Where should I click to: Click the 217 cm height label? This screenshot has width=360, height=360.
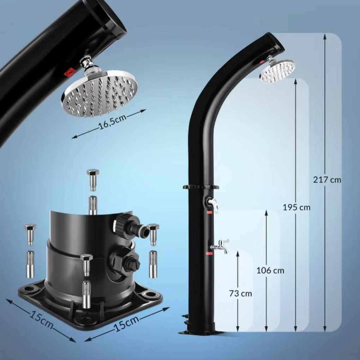(327, 180)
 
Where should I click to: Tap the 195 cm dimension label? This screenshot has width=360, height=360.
(296, 207)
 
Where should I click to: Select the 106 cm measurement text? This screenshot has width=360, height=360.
(270, 271)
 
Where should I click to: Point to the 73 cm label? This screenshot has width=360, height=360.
(241, 293)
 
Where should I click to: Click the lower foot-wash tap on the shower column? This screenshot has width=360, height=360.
(220, 246)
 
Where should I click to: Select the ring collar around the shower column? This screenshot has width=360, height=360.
(201, 187)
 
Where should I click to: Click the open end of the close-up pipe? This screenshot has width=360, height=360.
(112, 16)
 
